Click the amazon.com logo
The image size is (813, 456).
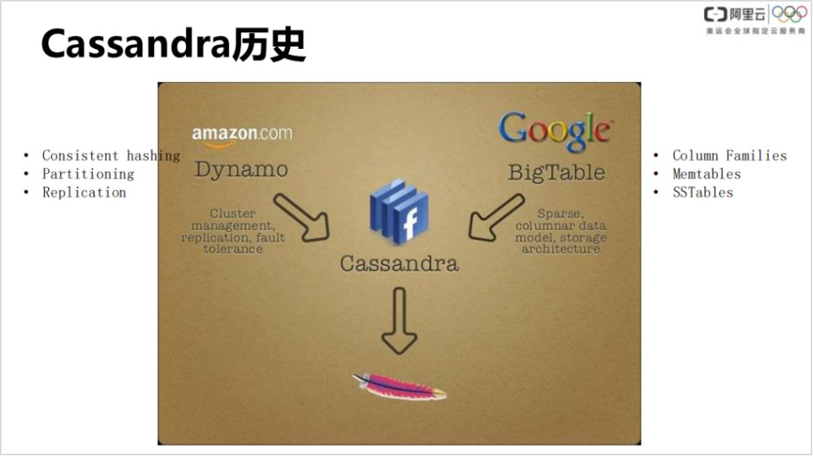point(242,135)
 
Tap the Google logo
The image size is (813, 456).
point(556,130)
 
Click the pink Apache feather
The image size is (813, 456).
point(399,386)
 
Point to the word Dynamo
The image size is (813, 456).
point(241,169)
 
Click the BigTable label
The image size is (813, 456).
point(556,172)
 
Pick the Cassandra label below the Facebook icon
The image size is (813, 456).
point(399,263)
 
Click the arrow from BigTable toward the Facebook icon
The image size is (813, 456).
point(496,217)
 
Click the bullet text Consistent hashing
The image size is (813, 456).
point(111,156)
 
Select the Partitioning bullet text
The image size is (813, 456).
point(88,174)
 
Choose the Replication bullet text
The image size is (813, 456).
point(84,192)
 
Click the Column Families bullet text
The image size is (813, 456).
point(729,156)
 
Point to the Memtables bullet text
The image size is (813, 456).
point(707,174)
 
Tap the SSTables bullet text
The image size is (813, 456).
point(702,192)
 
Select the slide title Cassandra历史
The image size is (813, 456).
point(173,44)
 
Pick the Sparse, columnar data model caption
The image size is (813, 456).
point(561,231)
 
